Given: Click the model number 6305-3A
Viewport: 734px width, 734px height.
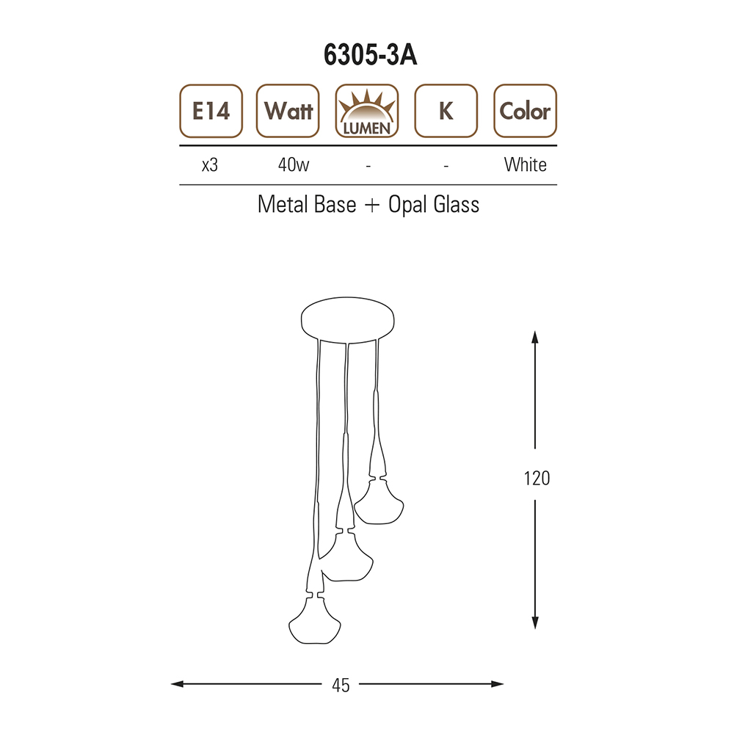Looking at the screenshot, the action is coord(370,55).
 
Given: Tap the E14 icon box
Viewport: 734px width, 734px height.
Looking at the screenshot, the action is coord(211,111).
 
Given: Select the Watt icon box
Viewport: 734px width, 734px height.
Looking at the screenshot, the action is coord(288,111).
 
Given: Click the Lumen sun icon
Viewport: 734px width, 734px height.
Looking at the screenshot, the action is coord(367,111).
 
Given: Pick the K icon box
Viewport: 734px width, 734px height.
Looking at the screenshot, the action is coord(446,111).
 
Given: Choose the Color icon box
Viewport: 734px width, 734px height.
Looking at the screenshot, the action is coord(526,111).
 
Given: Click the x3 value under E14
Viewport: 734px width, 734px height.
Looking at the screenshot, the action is coord(210,165).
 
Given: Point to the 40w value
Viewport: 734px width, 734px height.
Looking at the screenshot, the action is coord(294,164).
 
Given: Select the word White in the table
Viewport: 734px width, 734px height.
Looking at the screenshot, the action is coord(526,164).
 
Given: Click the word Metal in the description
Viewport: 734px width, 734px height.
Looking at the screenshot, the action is coord(283,205).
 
